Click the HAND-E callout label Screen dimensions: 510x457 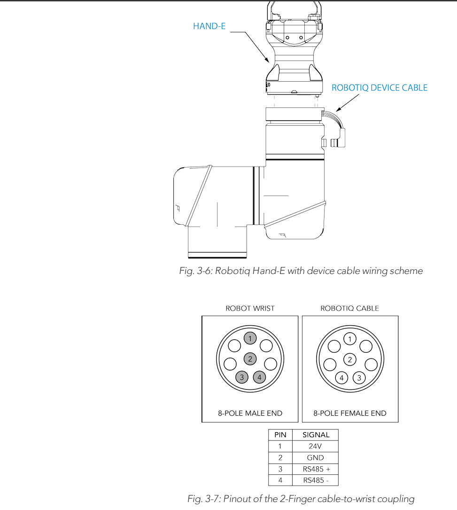[x=209, y=26]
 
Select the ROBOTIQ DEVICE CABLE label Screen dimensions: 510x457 [x=380, y=88]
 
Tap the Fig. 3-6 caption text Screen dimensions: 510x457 [x=301, y=271]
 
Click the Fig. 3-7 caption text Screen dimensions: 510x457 [x=301, y=499]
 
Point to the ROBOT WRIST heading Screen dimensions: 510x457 [x=250, y=308]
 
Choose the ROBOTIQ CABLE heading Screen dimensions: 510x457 [x=349, y=308]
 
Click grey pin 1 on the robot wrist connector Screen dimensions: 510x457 [x=250, y=338]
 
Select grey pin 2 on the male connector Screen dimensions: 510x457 [x=250, y=359]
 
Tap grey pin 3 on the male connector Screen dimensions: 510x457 [x=242, y=377]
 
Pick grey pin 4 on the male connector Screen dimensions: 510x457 [x=259, y=377]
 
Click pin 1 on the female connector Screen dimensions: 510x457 [x=350, y=339]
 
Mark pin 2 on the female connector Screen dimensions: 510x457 [x=350, y=360]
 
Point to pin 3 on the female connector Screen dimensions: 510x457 [x=359, y=378]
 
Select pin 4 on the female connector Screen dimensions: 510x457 [x=341, y=378]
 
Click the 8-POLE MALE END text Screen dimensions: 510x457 [x=250, y=413]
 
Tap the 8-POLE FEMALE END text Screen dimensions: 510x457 [x=350, y=413]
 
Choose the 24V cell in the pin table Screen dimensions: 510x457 [x=315, y=446]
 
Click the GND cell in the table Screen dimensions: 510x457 [x=315, y=457]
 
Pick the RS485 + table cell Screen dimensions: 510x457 [x=315, y=469]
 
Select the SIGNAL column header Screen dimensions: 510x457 [x=315, y=435]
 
